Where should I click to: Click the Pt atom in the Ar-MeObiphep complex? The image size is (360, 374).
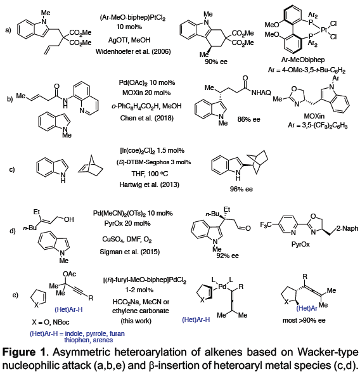(x=323, y=30)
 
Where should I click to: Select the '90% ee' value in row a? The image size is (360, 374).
(x=216, y=61)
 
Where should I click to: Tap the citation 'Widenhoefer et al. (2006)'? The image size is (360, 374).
(x=133, y=51)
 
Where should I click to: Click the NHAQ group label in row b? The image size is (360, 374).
(x=261, y=93)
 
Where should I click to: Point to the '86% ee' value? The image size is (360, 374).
(x=248, y=119)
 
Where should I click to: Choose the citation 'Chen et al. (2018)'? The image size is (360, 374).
(x=146, y=118)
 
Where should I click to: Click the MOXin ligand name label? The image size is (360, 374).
(x=314, y=116)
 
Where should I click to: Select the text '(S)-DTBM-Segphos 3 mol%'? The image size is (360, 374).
(x=153, y=162)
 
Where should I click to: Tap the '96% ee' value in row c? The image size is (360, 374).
(x=241, y=189)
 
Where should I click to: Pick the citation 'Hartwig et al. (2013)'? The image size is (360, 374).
(x=149, y=184)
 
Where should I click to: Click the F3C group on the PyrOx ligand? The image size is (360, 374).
(x=266, y=225)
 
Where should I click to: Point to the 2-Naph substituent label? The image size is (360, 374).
(x=347, y=228)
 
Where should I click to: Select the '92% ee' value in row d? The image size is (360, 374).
(x=228, y=255)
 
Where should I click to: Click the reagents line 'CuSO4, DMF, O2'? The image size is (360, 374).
(x=127, y=239)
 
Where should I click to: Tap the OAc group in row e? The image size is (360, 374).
(x=69, y=274)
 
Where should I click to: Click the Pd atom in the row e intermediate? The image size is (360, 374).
(x=222, y=287)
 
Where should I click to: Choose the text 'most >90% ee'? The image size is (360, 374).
(x=304, y=320)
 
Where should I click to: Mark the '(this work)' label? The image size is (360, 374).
(x=136, y=321)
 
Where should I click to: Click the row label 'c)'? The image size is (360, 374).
(x=12, y=170)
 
